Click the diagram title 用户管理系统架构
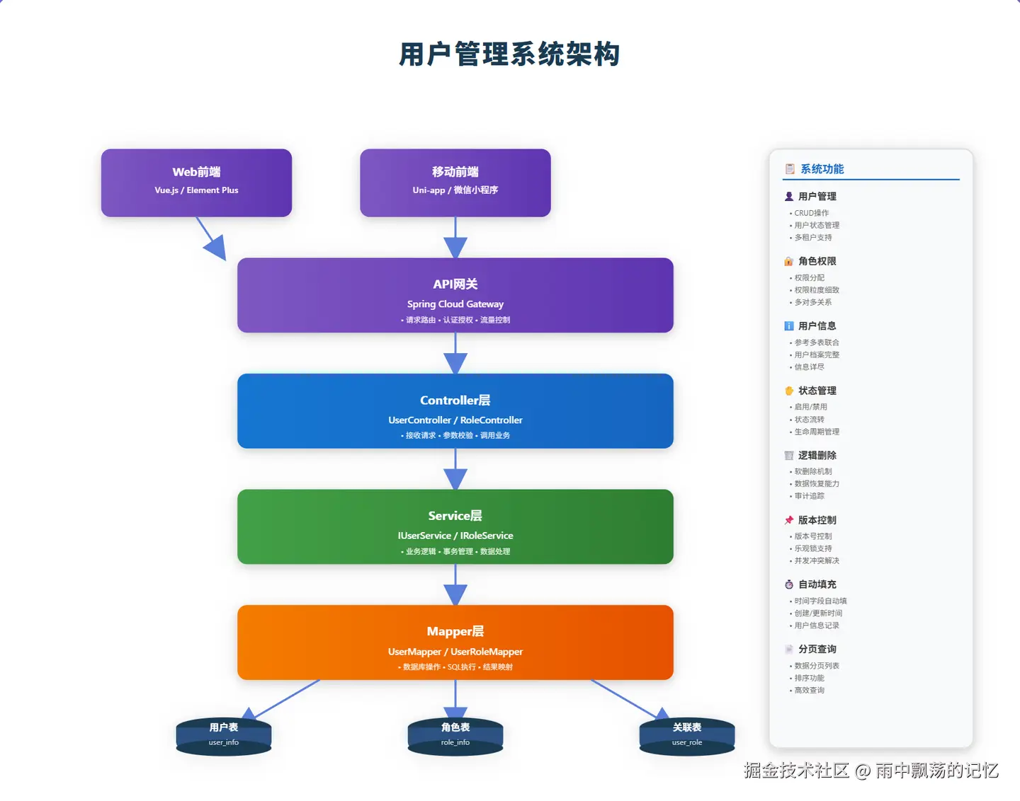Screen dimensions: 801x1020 tap(509, 54)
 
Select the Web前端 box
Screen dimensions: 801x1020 tap(196, 182)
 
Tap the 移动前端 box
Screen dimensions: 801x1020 tap(455, 182)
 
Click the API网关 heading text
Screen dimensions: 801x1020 tap(455, 284)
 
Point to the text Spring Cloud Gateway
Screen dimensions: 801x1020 tap(455, 304)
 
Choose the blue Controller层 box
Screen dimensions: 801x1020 tap(455, 410)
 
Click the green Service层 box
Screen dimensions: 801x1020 tap(455, 526)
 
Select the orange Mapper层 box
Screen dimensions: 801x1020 tap(455, 641)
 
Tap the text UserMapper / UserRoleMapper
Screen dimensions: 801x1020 tap(455, 652)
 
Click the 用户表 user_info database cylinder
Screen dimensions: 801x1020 tap(223, 735)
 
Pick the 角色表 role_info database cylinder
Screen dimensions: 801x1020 tap(455, 735)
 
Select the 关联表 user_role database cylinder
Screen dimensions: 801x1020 tap(686, 735)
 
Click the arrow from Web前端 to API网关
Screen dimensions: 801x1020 tap(211, 238)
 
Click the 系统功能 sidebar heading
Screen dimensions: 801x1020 tap(822, 169)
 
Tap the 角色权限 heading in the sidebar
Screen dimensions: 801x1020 tap(817, 261)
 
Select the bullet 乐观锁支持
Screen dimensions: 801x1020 tap(813, 548)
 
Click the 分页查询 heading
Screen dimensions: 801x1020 tap(817, 649)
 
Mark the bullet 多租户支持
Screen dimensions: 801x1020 tap(813, 238)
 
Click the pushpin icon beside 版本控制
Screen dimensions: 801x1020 tap(789, 520)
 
